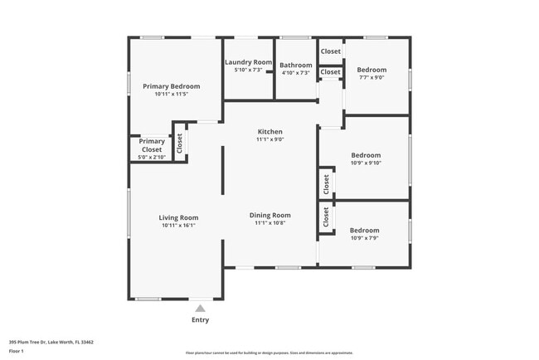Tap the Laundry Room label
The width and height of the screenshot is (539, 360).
pos(248,62)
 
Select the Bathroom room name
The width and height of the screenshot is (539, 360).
pos(295,66)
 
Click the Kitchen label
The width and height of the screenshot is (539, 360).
pos(269,132)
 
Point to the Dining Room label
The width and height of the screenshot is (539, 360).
pos(269,216)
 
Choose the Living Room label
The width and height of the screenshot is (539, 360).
pos(178,218)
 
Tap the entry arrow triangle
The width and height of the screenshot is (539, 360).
pos(200,308)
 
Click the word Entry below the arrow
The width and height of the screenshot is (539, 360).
pos(200,320)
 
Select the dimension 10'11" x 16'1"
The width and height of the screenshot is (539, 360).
pos(178,226)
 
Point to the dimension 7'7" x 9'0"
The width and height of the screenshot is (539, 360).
pos(371,78)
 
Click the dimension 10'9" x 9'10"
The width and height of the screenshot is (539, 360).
pos(366,163)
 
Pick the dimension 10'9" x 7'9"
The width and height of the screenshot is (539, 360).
pos(364,238)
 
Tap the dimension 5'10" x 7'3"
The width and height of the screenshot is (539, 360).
pos(248,71)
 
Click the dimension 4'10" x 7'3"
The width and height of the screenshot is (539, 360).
pos(295,73)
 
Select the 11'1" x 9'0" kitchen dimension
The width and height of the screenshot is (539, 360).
pos(269,139)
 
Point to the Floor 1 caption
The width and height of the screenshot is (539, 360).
pos(17,352)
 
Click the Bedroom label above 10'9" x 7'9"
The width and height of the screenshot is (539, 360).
pos(364,230)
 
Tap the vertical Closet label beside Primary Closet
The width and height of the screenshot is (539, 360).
pos(179,143)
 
